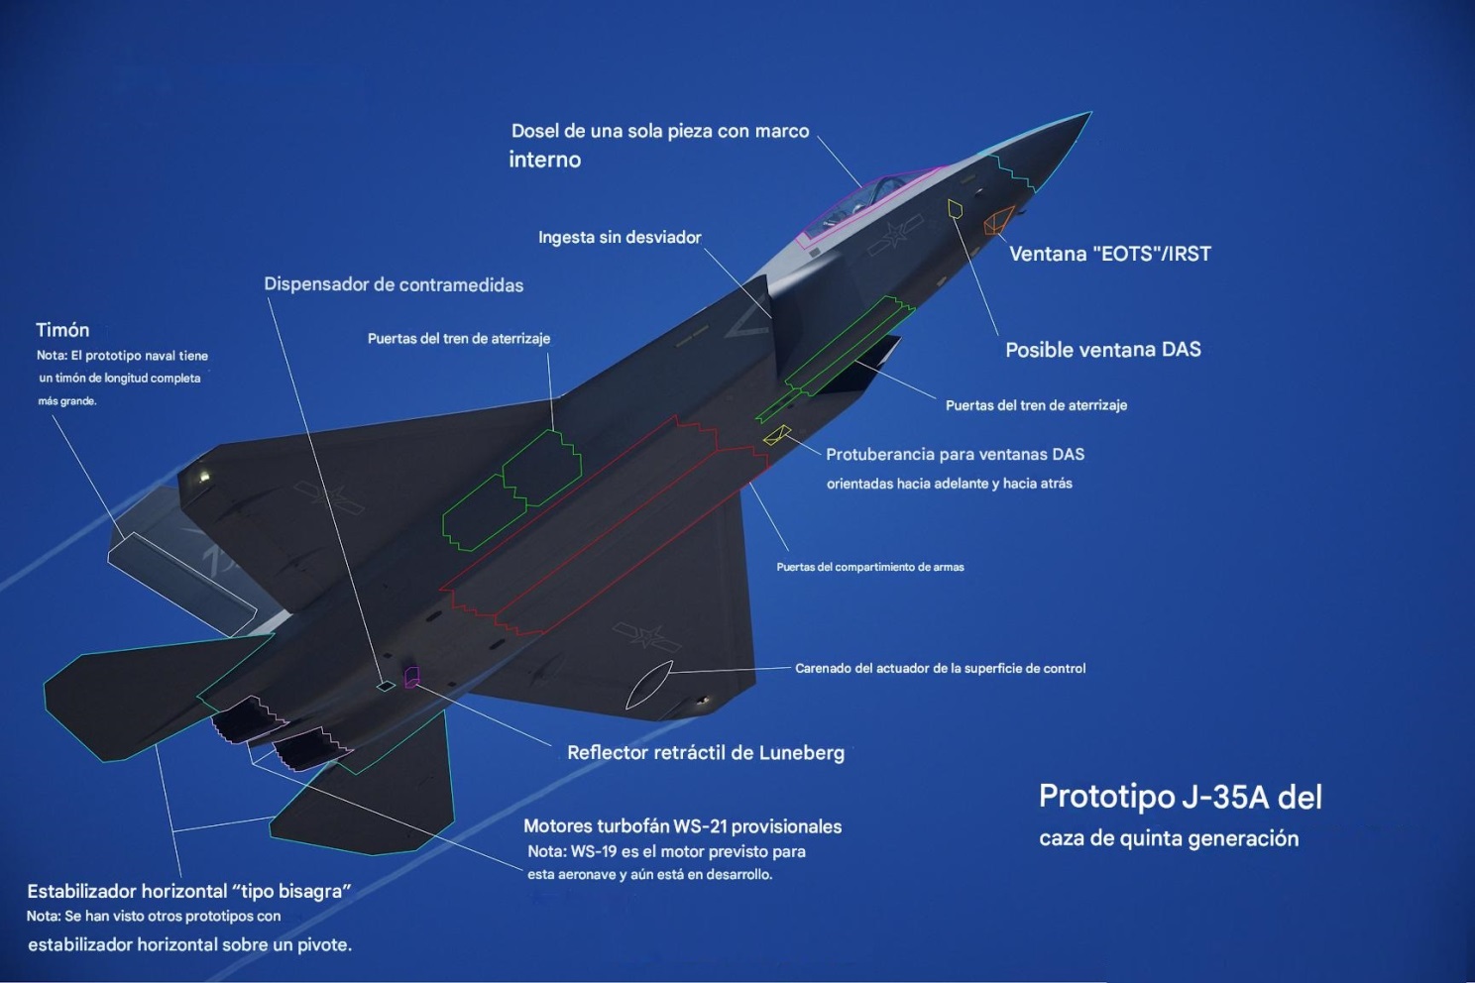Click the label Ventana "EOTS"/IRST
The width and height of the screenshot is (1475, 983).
1109,254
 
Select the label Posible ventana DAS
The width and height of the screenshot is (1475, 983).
1102,350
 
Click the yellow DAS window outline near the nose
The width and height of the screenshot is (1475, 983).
955,208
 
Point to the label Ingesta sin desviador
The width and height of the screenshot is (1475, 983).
620,238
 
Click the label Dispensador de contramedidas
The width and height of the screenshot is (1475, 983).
394,285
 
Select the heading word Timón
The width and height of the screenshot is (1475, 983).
62,330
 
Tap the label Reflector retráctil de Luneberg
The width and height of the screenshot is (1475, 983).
706,753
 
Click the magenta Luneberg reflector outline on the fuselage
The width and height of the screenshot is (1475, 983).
411,677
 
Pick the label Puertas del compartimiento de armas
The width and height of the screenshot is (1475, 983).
869,567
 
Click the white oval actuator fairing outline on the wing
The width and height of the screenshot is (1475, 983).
649,685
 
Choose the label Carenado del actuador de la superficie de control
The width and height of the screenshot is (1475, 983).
940,669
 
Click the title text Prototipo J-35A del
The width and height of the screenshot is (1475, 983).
1180,797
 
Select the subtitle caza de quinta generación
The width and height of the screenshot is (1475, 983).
1169,838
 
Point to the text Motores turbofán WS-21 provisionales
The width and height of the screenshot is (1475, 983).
682,826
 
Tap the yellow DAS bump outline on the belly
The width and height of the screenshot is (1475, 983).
776,435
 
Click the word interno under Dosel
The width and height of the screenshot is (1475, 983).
545,160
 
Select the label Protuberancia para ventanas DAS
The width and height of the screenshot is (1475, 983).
955,455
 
